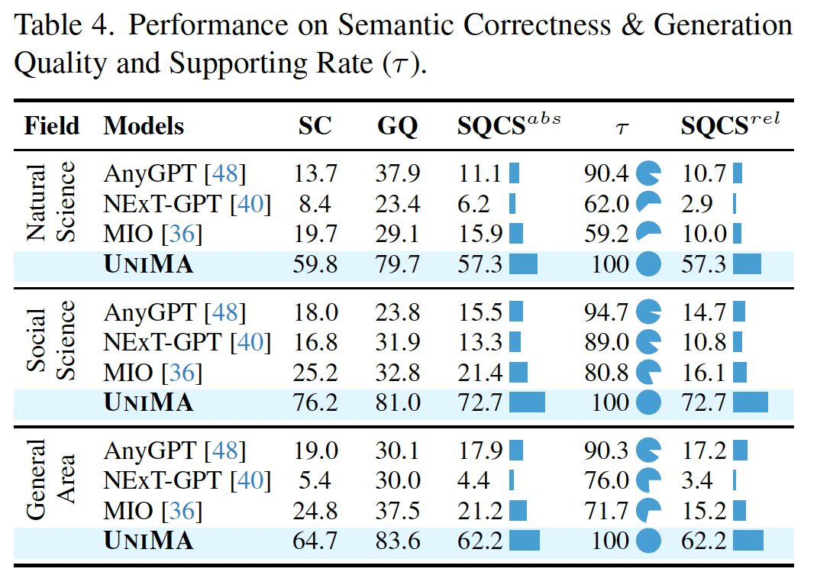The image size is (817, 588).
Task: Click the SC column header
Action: [315, 126]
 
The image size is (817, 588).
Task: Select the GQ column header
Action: [398, 126]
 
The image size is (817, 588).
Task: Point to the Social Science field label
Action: [51, 341]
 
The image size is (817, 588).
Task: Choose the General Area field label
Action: [51, 479]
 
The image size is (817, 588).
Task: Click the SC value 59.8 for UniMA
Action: [315, 264]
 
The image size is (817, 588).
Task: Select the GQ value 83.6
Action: [398, 541]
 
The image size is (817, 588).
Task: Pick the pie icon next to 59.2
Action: [648, 234]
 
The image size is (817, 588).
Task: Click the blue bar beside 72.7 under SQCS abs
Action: [527, 402]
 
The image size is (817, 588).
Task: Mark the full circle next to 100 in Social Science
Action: [648, 402]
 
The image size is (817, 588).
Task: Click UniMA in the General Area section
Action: [148, 541]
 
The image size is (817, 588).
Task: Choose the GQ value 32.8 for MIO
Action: [398, 372]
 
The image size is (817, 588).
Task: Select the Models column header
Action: [144, 126]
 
